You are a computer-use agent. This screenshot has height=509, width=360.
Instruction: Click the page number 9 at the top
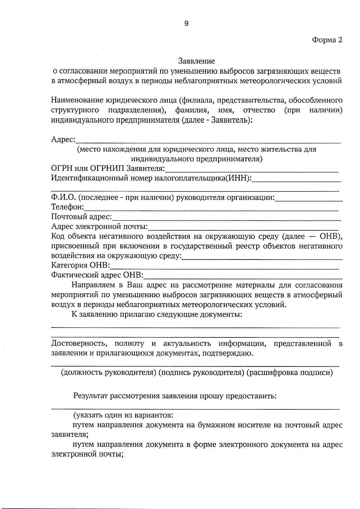pos(186,24)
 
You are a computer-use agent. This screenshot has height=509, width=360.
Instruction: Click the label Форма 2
pos(327,40)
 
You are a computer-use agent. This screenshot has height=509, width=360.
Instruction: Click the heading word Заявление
pos(196,61)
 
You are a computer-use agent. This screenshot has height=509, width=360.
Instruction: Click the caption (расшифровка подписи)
pos(289,373)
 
